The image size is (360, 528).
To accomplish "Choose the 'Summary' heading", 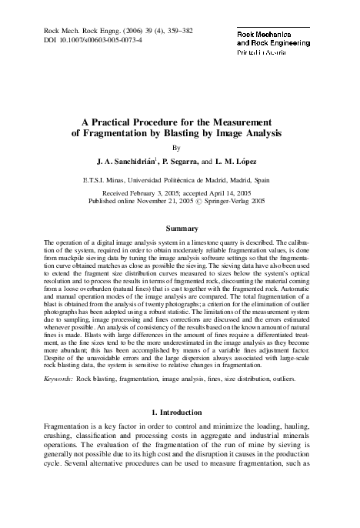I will click(x=178, y=229).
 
